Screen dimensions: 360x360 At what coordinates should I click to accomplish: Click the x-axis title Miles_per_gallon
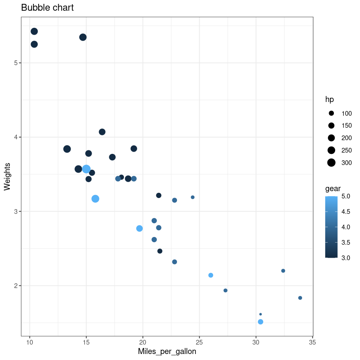tap(167, 351)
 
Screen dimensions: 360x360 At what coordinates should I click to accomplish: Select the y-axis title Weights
tap(7, 176)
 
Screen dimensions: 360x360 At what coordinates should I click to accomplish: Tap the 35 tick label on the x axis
tap(312, 343)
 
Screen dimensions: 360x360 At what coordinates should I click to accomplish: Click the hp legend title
tap(330, 99)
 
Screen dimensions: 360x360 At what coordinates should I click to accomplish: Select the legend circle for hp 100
tap(331, 113)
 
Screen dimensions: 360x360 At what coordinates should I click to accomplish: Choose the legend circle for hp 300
tap(331, 162)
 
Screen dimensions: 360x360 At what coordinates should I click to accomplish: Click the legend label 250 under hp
tap(346, 150)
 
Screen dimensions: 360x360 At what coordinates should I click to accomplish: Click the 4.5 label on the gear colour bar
tap(345, 212)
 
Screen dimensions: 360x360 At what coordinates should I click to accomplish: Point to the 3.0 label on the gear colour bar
tap(345, 257)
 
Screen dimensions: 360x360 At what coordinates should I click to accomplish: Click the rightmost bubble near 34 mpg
tap(300, 298)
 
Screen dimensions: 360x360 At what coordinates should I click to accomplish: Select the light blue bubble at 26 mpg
tap(211, 275)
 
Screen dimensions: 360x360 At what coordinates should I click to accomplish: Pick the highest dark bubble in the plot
tap(34, 31)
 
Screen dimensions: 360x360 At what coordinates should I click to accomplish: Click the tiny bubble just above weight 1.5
tap(261, 314)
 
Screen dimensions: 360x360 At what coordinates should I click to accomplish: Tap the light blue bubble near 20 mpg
tap(139, 228)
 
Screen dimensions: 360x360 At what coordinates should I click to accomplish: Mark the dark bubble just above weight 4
tap(102, 132)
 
